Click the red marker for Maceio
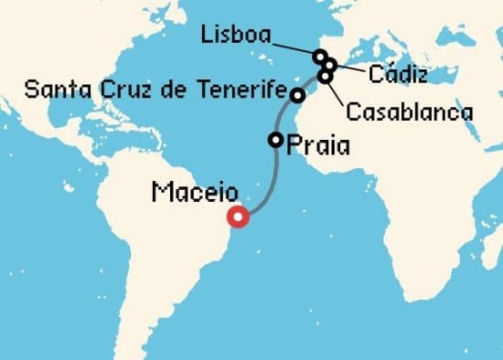coord(240,217)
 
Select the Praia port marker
coord(275,140)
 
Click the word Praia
coord(317,145)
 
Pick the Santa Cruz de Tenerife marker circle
coord(297,94)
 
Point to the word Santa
coord(49,90)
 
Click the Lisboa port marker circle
coord(319,57)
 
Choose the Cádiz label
coord(397,73)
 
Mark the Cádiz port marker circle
coord(330,65)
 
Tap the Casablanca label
coord(409,112)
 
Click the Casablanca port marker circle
coord(325,76)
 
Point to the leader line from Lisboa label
coord(293,46)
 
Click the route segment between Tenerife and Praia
coord(282,116)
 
